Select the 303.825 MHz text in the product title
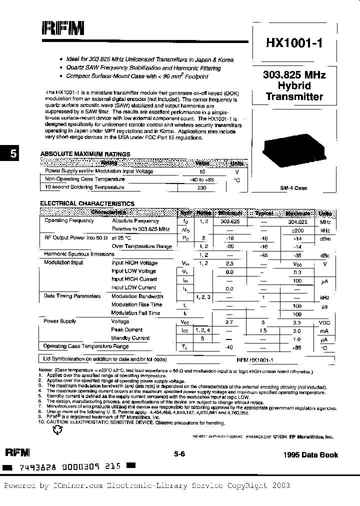pos(294,75)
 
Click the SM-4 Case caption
pos(293,188)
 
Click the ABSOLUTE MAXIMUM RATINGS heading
pos(85,154)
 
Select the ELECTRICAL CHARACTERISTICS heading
pos(87,203)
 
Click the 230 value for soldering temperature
pos(202,187)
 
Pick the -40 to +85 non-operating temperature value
pos(202,179)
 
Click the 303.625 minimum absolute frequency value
pos(229,220)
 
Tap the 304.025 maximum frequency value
pos(297,220)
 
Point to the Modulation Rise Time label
pos(136,304)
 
